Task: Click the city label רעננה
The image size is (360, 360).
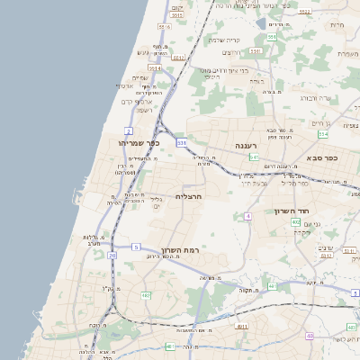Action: pyautogui.click(x=247, y=145)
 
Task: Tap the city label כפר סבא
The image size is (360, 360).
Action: pyautogui.click(x=319, y=157)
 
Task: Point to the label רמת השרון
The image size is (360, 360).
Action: pyautogui.click(x=184, y=249)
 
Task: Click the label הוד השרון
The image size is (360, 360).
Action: pyautogui.click(x=292, y=211)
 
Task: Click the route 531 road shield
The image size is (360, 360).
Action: pyautogui.click(x=182, y=142)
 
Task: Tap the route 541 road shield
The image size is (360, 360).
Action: pyautogui.click(x=255, y=157)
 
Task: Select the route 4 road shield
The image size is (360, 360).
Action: pyautogui.click(x=247, y=216)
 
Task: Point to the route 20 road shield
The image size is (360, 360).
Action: pyautogui.click(x=112, y=255)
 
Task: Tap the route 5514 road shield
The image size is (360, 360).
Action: pyautogui.click(x=155, y=67)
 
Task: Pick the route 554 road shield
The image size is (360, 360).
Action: pyautogui.click(x=322, y=133)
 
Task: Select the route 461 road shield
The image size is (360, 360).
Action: pyautogui.click(x=170, y=346)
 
